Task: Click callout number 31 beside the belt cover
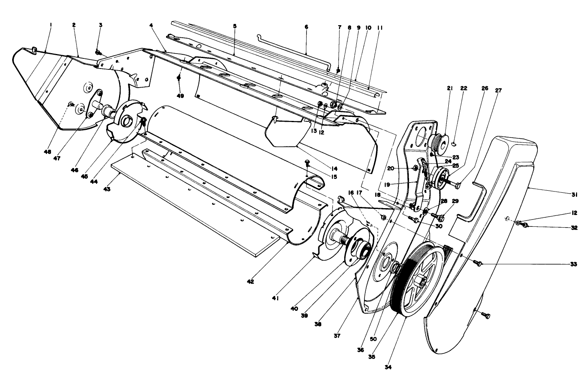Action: point(574,195)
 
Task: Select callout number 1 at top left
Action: point(51,25)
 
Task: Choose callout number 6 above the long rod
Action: point(306,27)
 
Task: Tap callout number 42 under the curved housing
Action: point(250,281)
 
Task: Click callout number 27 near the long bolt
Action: point(498,90)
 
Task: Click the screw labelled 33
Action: point(479,264)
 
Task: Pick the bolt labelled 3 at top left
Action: point(98,52)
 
